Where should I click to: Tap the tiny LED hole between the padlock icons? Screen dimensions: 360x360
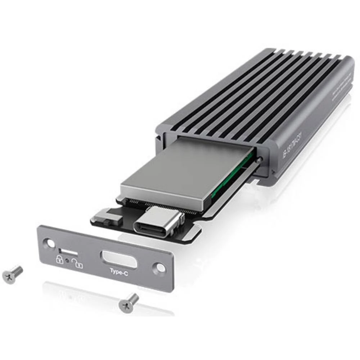click(x=67, y=260)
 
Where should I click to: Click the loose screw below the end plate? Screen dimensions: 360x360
click(x=129, y=301)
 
